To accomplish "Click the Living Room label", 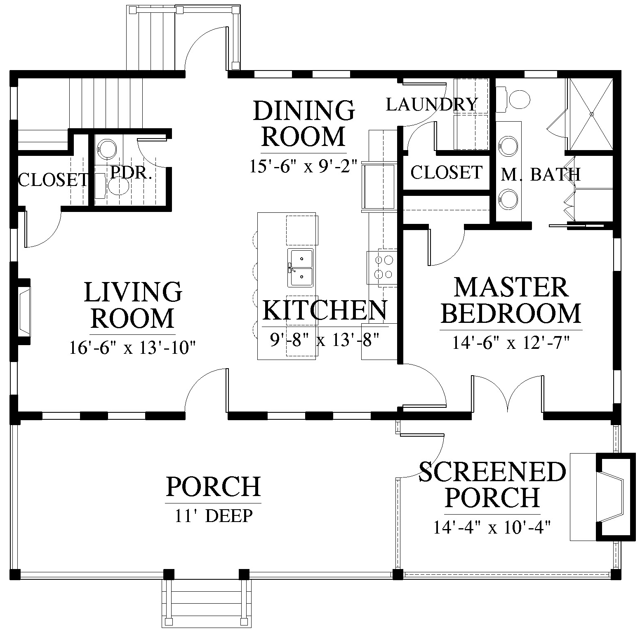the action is pyautogui.click(x=133, y=305).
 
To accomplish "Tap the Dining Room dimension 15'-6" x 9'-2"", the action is pyautogui.click(x=303, y=166).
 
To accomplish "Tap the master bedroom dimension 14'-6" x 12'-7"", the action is pyautogui.click(x=511, y=342).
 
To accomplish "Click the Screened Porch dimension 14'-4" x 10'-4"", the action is pyautogui.click(x=492, y=527).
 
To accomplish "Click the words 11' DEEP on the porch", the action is pyautogui.click(x=213, y=515).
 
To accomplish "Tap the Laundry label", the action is pyautogui.click(x=432, y=105).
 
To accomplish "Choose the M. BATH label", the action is pyautogui.click(x=541, y=174).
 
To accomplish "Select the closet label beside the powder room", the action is pyautogui.click(x=53, y=180).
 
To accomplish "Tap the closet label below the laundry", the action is pyautogui.click(x=446, y=172).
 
